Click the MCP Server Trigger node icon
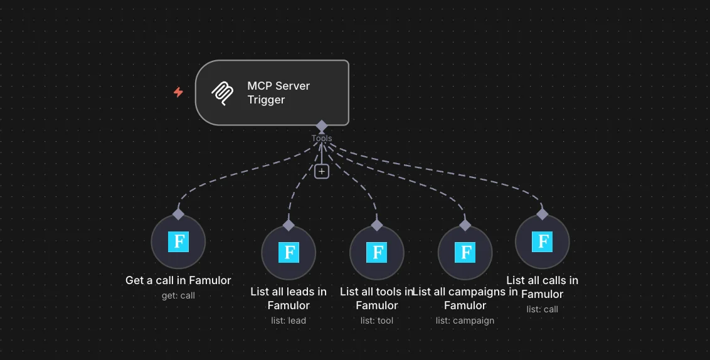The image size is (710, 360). coord(222,93)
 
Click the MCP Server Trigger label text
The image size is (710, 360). coord(278,93)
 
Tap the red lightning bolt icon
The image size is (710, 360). coord(179,92)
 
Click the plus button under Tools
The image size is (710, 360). coord(322,171)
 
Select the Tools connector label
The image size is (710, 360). coord(322,139)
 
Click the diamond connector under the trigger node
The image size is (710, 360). coord(322,126)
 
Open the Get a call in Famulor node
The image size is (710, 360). coord(178,241)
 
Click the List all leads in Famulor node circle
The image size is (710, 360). coord(289,253)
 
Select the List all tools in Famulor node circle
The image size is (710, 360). coord(377,253)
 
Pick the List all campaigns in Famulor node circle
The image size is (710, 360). coord(465,253)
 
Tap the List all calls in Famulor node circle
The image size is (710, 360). coord(542,241)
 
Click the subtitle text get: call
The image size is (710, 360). coord(178,295)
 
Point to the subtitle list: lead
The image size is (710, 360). coord(289,320)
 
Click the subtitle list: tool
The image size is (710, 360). coord(377,320)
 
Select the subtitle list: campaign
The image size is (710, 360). coord(465,320)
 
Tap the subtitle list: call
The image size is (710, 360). coord(542,309)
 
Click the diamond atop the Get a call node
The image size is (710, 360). coord(178,214)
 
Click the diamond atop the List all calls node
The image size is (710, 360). coord(542,214)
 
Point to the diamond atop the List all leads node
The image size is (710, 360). coord(289,225)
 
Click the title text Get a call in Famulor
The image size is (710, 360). coord(178,280)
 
